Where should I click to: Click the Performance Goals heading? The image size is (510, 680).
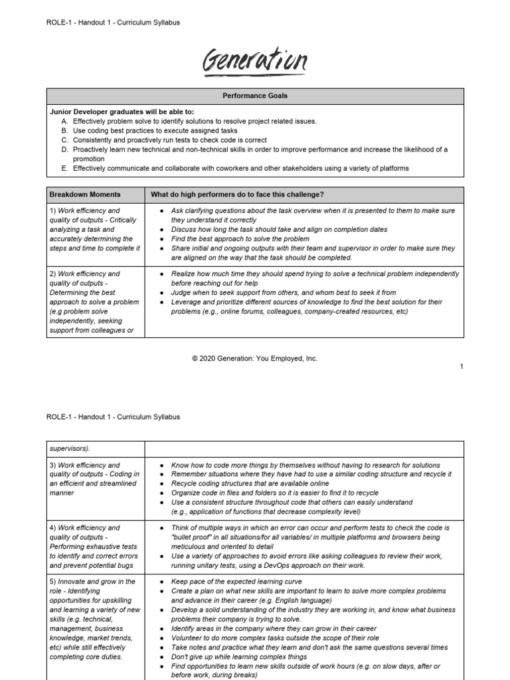pyautogui.click(x=255, y=96)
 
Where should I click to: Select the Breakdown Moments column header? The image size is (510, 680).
pyautogui.click(x=85, y=195)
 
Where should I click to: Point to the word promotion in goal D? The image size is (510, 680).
pyautogui.click(x=89, y=159)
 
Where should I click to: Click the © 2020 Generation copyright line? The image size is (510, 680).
pyautogui.click(x=255, y=359)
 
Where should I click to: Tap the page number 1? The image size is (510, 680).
pyautogui.click(x=461, y=367)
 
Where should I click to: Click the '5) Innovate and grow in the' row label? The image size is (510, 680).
pyautogui.click(x=84, y=582)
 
